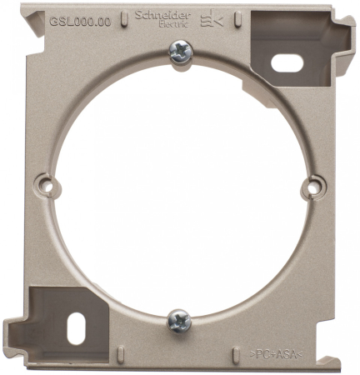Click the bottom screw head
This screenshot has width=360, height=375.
179,319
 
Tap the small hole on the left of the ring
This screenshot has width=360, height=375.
48,187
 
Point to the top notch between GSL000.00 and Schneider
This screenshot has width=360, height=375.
120,17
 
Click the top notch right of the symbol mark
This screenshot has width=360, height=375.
240,17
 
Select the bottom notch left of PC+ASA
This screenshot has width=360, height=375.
239,354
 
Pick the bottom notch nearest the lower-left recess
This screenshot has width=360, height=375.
121,354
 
